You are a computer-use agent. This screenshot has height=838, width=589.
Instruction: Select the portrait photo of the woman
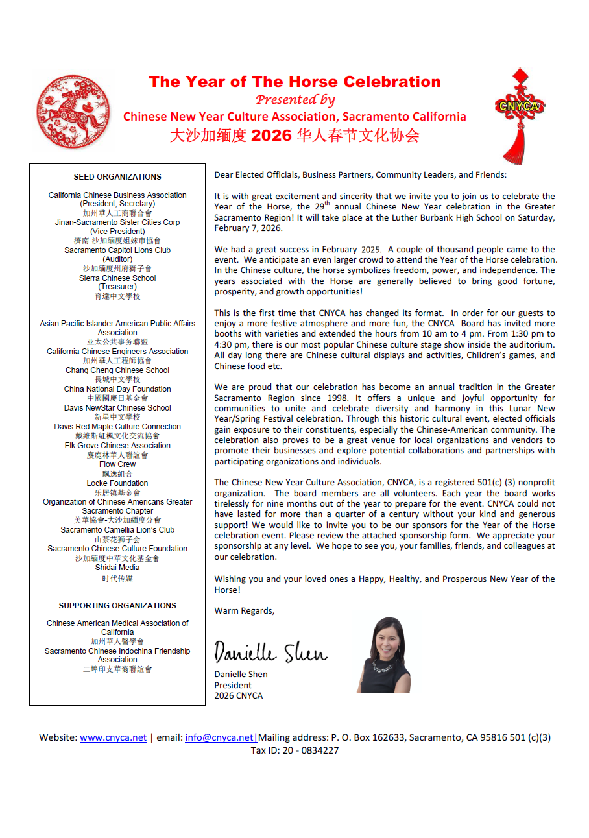tap(384, 654)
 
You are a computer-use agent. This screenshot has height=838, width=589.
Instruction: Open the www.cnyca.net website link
tap(114, 737)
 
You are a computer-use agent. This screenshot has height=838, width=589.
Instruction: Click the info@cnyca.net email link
tap(219, 737)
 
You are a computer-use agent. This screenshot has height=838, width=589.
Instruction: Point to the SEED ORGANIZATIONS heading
tap(117, 176)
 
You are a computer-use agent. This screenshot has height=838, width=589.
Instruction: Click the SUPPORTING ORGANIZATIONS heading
tap(117, 606)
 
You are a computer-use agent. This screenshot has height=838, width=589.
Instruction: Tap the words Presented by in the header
tap(295, 99)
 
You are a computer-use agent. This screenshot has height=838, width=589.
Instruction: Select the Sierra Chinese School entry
tap(117, 278)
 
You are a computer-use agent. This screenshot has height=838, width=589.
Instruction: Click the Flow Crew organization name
tap(117, 464)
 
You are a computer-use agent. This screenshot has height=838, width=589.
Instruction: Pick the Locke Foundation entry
tap(117, 483)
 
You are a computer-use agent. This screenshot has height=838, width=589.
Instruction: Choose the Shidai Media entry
tap(117, 568)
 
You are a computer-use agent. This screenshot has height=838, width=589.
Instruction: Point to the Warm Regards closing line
tap(245, 610)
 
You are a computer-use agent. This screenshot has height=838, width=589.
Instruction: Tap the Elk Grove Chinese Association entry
tap(117, 446)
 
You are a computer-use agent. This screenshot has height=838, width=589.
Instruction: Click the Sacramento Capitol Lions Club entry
tap(117, 250)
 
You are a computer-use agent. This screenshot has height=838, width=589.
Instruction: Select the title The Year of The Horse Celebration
tap(294, 82)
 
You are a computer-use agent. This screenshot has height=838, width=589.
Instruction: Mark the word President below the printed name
tap(233, 685)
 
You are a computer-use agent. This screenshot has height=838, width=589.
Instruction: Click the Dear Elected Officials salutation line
tap(361, 175)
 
